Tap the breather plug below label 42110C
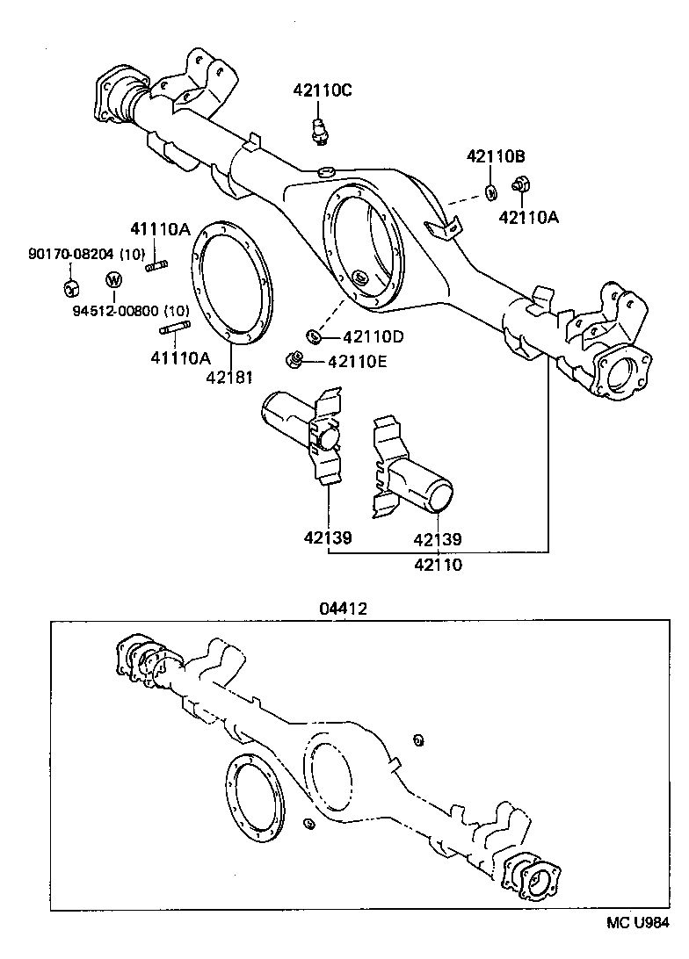[x=321, y=128]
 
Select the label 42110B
[x=496, y=156]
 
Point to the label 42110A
[x=528, y=217]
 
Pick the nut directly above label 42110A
[x=520, y=185]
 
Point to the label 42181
[x=229, y=379]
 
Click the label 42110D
[x=373, y=336]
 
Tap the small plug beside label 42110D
[x=311, y=335]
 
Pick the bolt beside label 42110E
[x=296, y=358]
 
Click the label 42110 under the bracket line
[x=438, y=565]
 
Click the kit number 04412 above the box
[x=344, y=608]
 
